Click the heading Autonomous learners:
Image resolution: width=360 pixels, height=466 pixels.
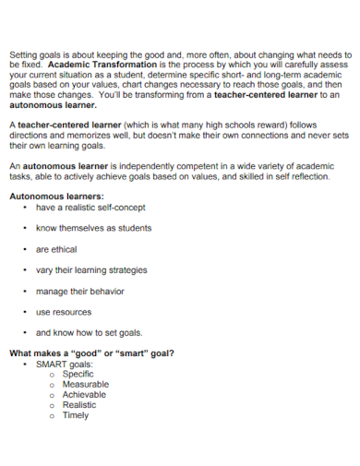[x=56, y=197]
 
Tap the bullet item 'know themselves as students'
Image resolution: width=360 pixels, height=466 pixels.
[x=93, y=228]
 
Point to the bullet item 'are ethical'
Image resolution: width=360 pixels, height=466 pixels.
[x=56, y=249]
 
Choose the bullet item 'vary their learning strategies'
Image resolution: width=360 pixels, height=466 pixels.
[x=91, y=270]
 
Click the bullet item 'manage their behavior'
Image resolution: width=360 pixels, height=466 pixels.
[x=80, y=291]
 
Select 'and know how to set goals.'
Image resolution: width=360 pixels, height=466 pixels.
[x=89, y=333]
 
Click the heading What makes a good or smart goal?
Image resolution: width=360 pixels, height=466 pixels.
[x=91, y=353]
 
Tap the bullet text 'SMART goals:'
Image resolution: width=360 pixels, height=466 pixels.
[x=64, y=364]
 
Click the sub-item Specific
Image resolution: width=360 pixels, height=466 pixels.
[x=78, y=374]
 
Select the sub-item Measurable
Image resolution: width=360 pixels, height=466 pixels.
[x=85, y=384]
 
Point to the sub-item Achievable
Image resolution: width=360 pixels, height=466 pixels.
[x=84, y=394]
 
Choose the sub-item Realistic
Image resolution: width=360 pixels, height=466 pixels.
[x=78, y=404]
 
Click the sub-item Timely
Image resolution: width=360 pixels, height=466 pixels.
[x=76, y=415]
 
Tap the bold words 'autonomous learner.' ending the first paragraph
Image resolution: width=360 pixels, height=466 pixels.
[x=51, y=105]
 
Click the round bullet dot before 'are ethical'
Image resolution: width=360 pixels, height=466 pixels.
[x=24, y=249]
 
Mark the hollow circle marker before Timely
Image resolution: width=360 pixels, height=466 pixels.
[x=53, y=415]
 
